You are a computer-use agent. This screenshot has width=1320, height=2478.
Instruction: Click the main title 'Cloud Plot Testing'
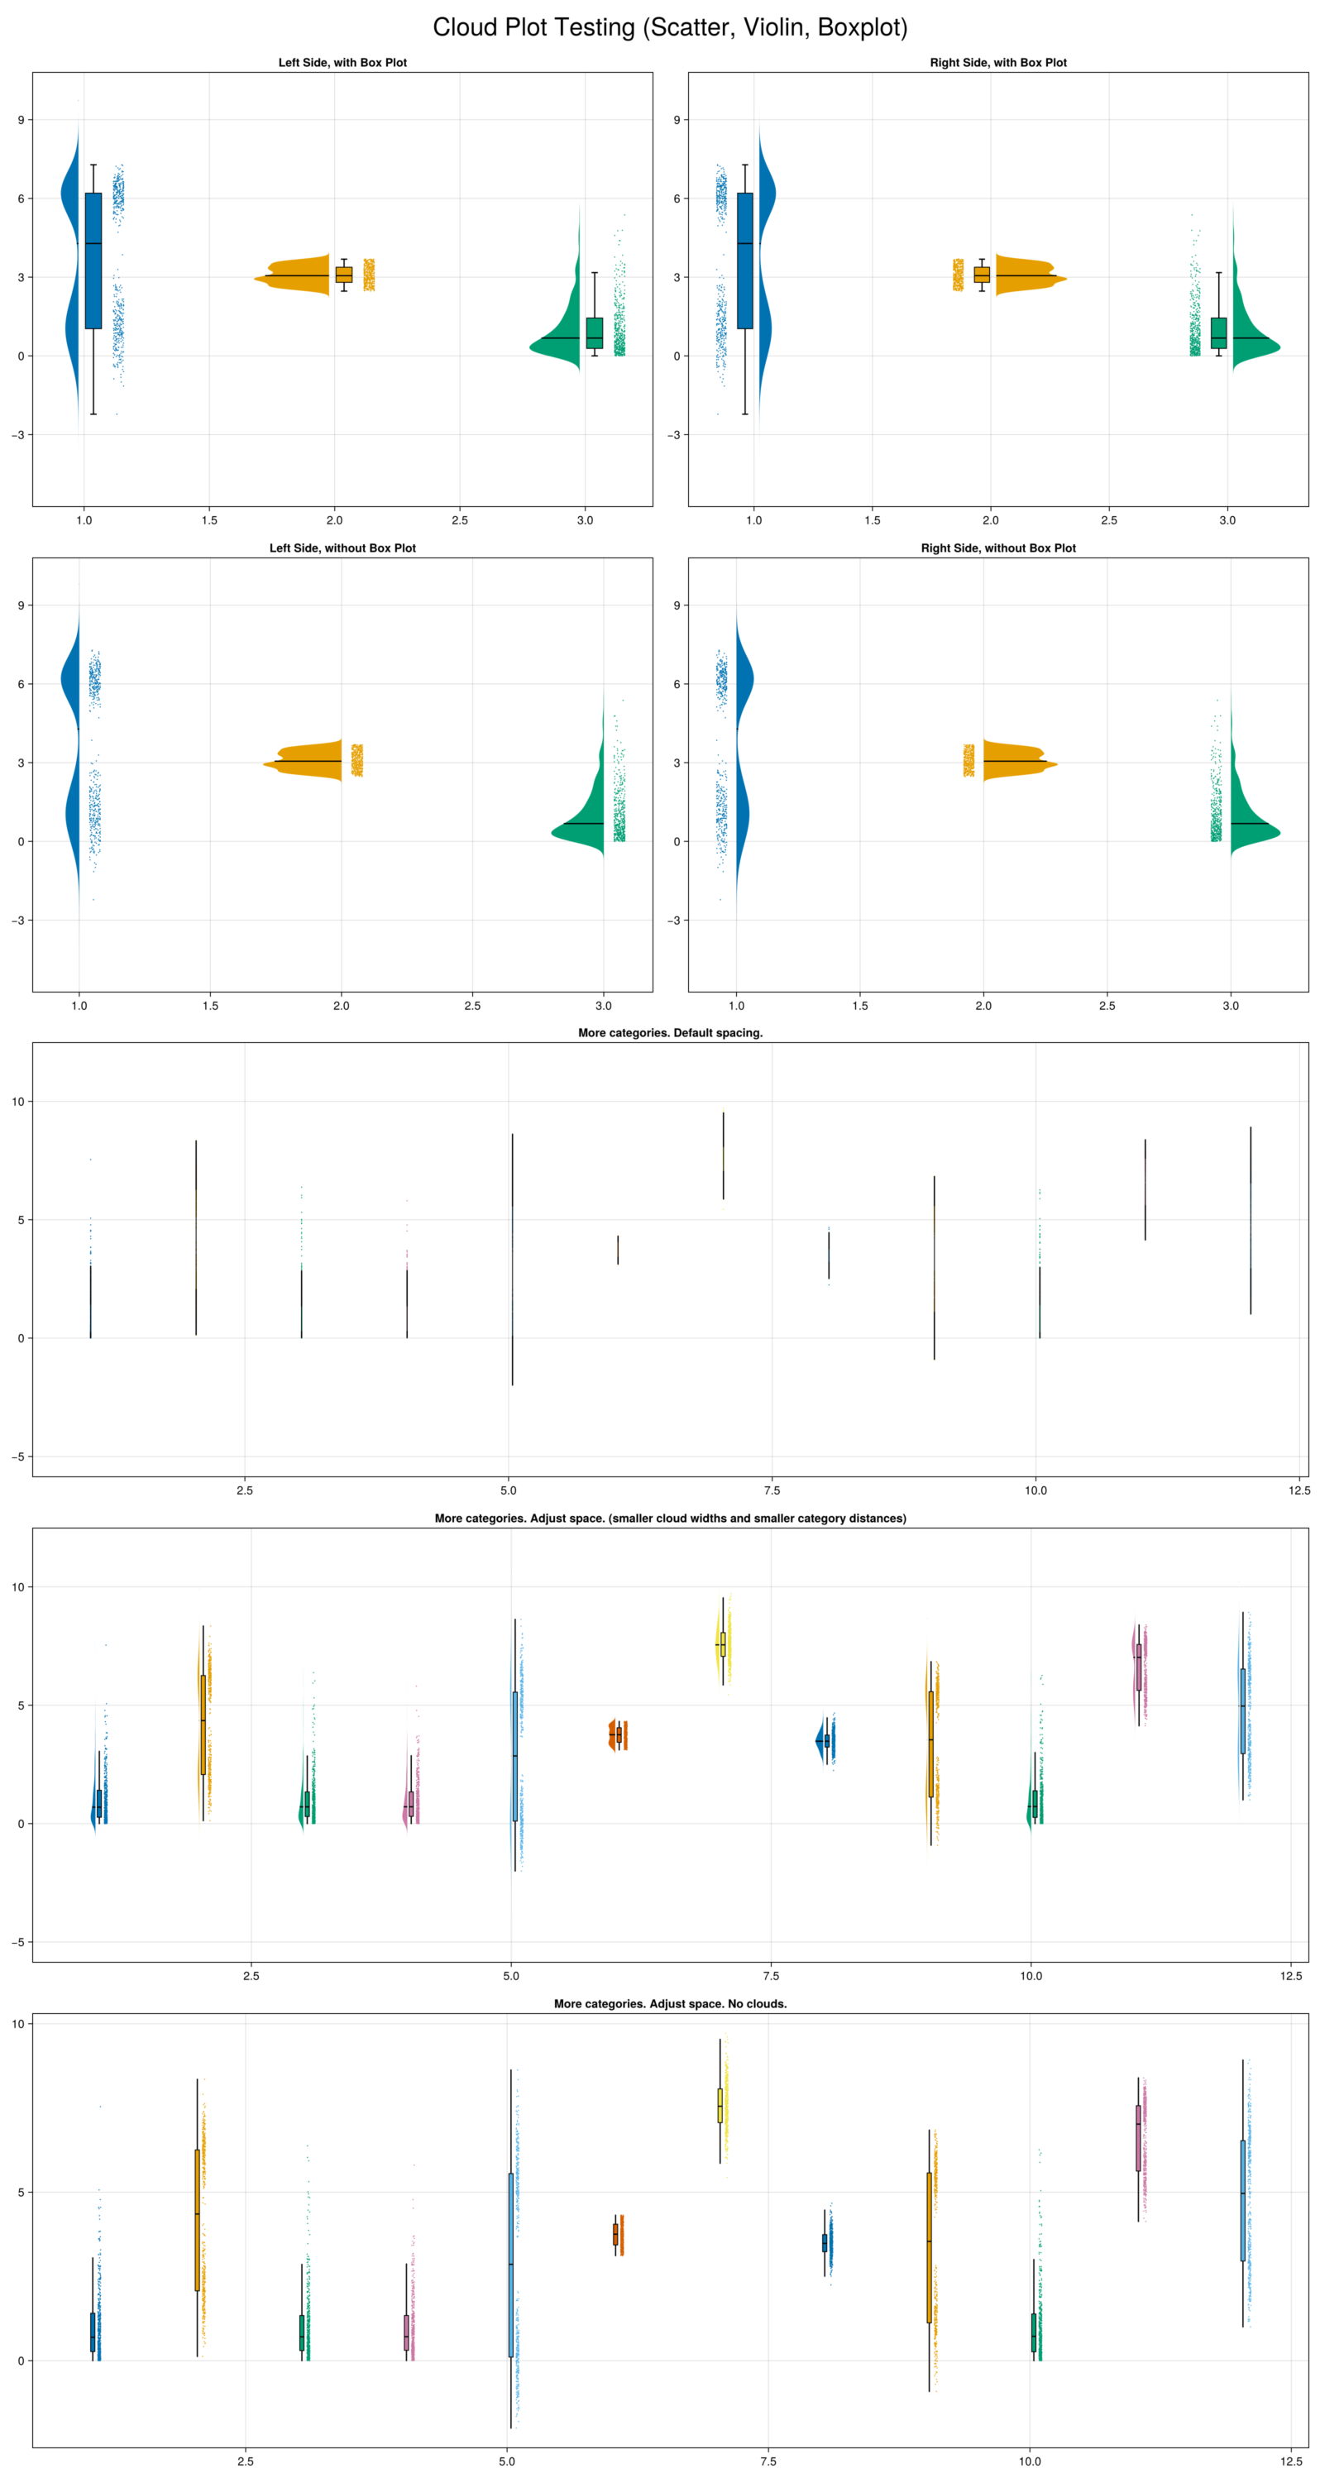pyautogui.click(x=670, y=28)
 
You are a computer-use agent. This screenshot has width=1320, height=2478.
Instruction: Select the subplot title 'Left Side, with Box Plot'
pyautogui.click(x=342, y=63)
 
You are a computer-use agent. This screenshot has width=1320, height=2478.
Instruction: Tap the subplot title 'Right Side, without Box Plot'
pyautogui.click(x=997, y=548)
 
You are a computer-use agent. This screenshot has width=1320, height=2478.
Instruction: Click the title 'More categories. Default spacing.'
pyautogui.click(x=670, y=1033)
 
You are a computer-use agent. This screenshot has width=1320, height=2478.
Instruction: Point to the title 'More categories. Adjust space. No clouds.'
pyautogui.click(x=670, y=2004)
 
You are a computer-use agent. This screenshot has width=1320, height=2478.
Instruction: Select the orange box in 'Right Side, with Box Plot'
pyautogui.click(x=982, y=275)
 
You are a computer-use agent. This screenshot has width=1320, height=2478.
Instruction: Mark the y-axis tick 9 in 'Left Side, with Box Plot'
pyautogui.click(x=20, y=120)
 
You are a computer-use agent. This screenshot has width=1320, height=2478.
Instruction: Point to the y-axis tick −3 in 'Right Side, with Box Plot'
pyautogui.click(x=674, y=435)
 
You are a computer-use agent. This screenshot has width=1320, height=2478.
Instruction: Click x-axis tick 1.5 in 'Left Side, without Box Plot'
pyautogui.click(x=210, y=1007)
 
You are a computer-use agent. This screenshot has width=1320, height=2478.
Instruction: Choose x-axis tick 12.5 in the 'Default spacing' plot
pyautogui.click(x=1298, y=1491)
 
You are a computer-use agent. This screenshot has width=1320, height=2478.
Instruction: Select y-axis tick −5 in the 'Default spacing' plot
pyautogui.click(x=17, y=1457)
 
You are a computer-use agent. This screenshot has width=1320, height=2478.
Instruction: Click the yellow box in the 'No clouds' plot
pyautogui.click(x=720, y=2104)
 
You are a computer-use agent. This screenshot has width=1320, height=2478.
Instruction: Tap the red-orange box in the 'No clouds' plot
pyautogui.click(x=615, y=2234)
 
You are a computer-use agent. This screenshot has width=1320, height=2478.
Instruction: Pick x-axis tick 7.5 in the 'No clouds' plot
pyautogui.click(x=768, y=2461)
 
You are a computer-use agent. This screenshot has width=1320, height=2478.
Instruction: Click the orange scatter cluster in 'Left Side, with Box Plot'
pyautogui.click(x=369, y=275)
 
